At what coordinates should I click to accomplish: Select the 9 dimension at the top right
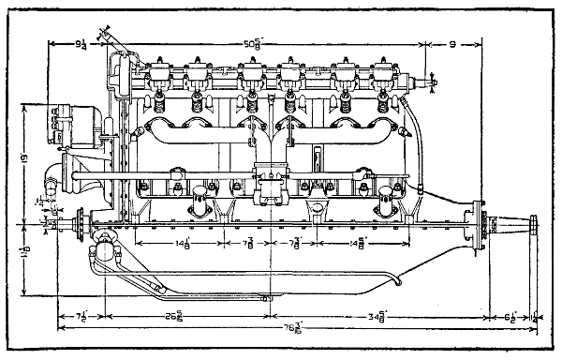451,42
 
